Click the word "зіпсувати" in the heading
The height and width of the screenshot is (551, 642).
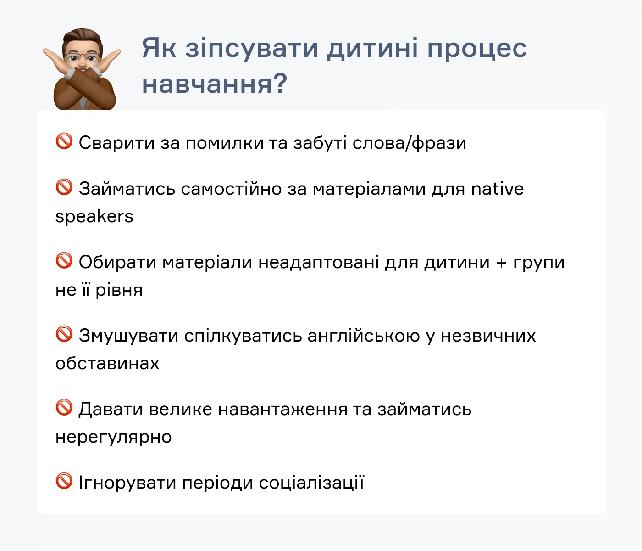[251, 48]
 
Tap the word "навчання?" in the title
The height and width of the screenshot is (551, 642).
[214, 84]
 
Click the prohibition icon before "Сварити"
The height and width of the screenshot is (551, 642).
[64, 141]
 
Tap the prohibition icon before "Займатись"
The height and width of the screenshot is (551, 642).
[64, 187]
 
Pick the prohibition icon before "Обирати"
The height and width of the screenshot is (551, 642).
[64, 261]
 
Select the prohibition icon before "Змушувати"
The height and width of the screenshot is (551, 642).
[64, 334]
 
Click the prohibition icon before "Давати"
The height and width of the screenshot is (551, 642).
[64, 408]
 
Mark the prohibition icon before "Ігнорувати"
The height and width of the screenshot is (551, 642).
[64, 481]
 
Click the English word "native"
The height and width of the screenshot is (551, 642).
[498, 189]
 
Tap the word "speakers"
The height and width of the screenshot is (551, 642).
[94, 217]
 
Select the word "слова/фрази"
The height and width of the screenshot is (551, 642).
[409, 143]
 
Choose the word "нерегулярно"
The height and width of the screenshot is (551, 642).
[113, 437]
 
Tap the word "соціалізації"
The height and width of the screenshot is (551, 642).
[311, 483]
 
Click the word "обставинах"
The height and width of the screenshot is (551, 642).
[107, 364]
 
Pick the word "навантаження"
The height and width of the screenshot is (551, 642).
[282, 410]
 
